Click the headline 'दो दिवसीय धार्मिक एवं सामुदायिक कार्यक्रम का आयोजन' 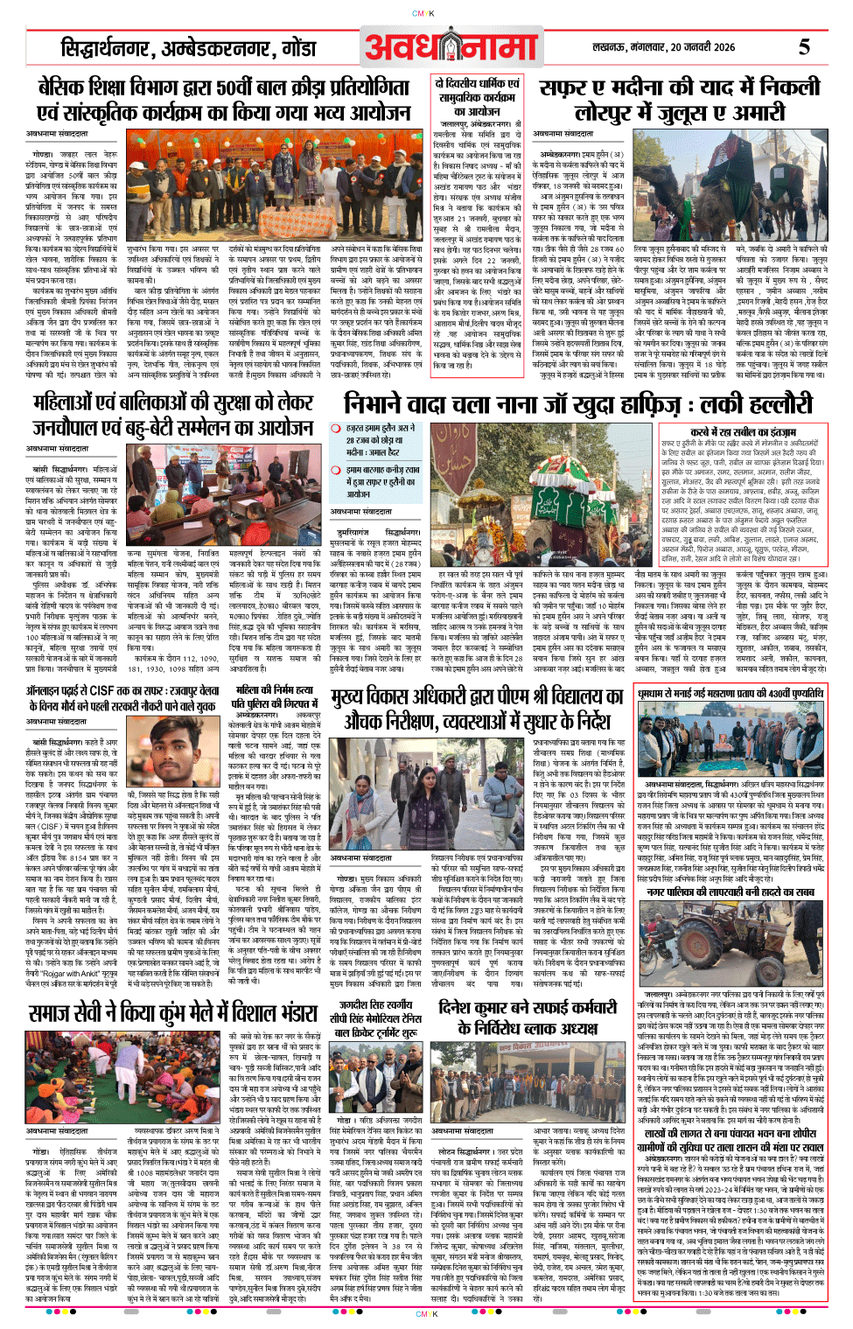click(x=477, y=97)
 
